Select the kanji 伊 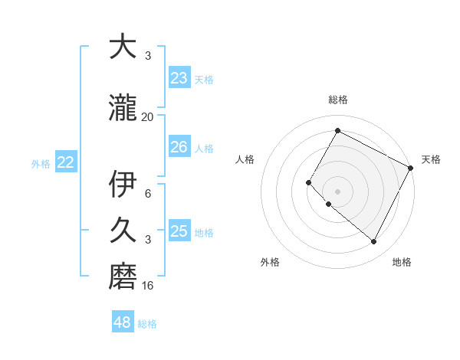coord(123,184)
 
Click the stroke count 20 coord(148,117)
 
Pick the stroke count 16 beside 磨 coord(148,286)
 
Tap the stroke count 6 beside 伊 coord(148,193)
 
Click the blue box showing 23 coord(179,78)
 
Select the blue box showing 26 coord(179,147)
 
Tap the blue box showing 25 coord(179,231)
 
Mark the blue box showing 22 coord(66,162)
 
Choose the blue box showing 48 coord(123,322)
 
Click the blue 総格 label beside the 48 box coord(147,324)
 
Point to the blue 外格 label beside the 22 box coord(41,163)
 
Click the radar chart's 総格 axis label coord(337,100)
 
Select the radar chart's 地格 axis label coord(402,262)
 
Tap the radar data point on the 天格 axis coord(411,168)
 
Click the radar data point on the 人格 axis coord(309,182)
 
